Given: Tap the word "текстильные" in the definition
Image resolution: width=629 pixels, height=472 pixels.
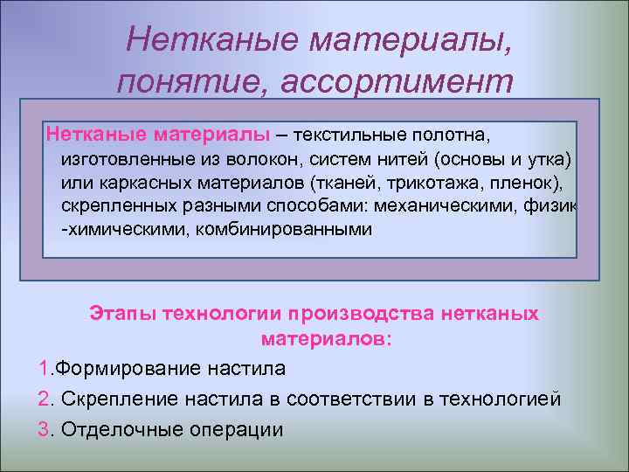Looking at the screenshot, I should pos(349,135).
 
